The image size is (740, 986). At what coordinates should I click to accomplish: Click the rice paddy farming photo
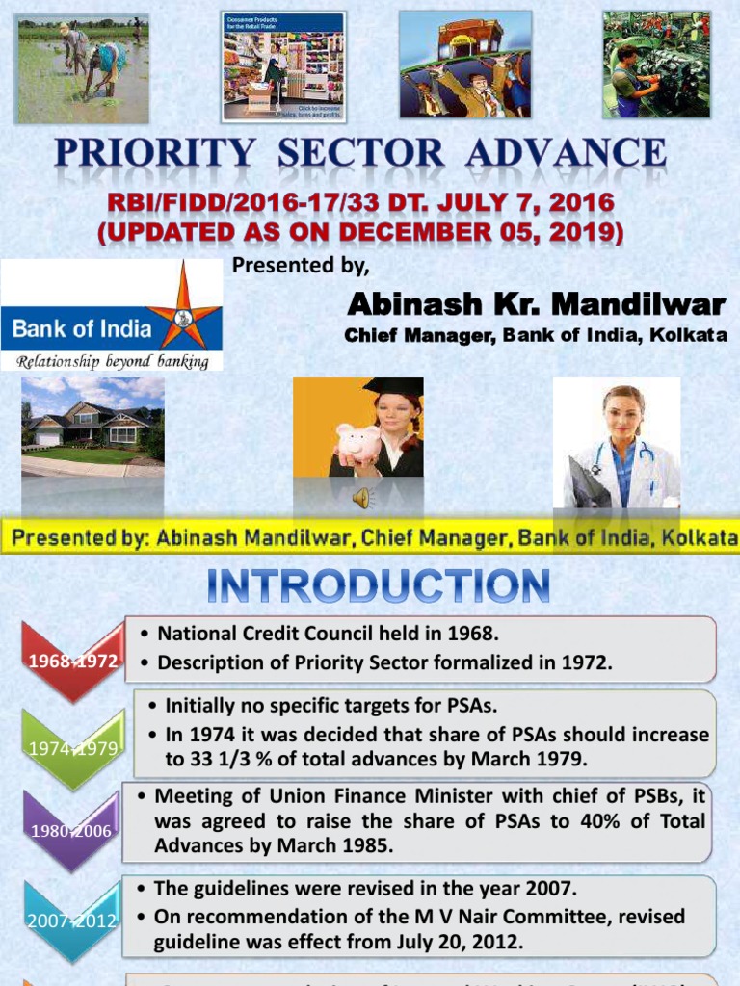click(x=84, y=68)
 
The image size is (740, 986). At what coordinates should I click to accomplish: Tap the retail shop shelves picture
click(x=283, y=66)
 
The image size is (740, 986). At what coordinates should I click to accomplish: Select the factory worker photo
click(x=655, y=65)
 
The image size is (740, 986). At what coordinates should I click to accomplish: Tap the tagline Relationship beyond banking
click(x=111, y=361)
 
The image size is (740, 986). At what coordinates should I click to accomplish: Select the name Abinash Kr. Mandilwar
click(x=536, y=305)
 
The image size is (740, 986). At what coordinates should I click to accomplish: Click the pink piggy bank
click(x=358, y=442)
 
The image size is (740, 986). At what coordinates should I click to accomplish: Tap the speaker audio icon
click(x=361, y=497)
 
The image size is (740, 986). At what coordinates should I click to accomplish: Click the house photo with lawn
click(x=92, y=426)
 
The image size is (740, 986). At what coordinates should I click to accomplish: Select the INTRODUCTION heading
click(x=377, y=587)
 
